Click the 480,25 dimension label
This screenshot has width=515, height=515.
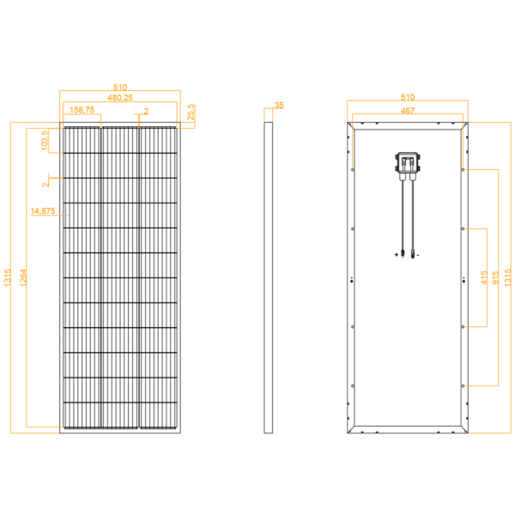[x=120, y=98]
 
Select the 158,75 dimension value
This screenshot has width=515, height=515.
[x=82, y=110]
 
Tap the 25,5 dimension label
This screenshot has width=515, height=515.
[x=191, y=112]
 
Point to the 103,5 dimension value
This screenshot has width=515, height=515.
[x=45, y=140]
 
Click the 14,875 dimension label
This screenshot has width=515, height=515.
[x=43, y=211]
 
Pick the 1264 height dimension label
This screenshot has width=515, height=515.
[x=23, y=277]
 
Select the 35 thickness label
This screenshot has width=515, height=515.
[x=279, y=106]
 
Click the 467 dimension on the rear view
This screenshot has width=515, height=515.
[x=407, y=111]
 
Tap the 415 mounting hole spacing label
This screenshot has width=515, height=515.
[x=484, y=277]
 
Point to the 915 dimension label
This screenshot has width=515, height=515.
[x=495, y=277]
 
